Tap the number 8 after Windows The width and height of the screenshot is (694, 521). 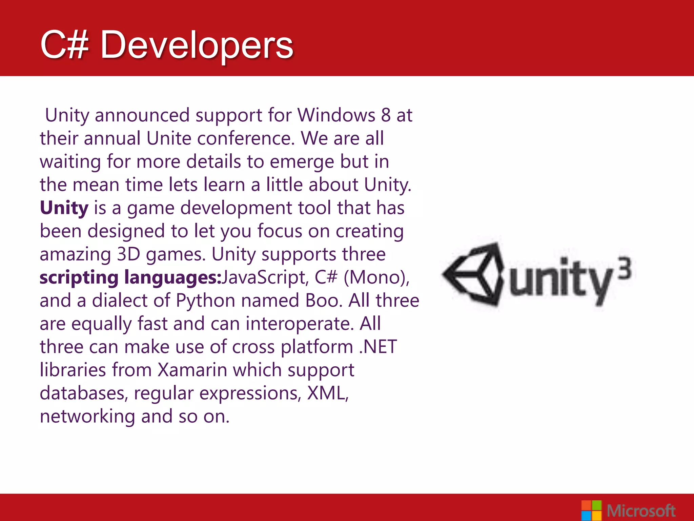tap(386, 115)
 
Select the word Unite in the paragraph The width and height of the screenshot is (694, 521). tap(168, 138)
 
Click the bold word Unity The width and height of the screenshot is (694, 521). tap(64, 208)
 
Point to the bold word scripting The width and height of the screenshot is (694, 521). tap(79, 278)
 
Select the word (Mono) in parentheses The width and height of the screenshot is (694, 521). tap(376, 277)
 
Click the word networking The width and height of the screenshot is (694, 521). tap(87, 417)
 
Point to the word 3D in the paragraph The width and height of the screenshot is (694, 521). tap(128, 254)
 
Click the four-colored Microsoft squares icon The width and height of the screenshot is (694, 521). tap(591, 510)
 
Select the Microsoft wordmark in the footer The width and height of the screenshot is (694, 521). tap(641, 511)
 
